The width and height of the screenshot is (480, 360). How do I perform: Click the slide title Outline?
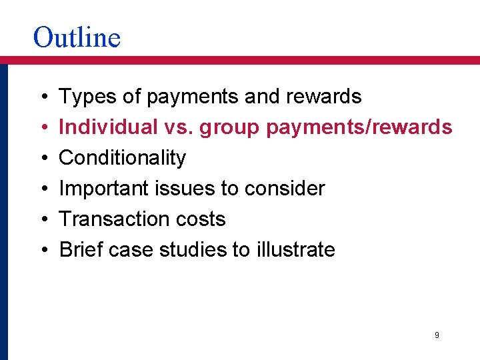(77, 37)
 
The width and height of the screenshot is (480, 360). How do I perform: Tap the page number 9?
(437, 335)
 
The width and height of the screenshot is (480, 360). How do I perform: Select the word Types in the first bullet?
(82, 97)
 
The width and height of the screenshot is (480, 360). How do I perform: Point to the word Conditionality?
(123, 158)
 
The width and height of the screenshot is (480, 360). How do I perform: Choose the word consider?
(285, 189)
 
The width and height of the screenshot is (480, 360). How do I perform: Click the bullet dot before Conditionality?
(42, 159)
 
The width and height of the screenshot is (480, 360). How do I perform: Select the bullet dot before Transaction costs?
(42, 220)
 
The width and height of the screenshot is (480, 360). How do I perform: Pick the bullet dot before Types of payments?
(42, 97)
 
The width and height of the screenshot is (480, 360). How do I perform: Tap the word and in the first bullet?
(263, 97)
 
